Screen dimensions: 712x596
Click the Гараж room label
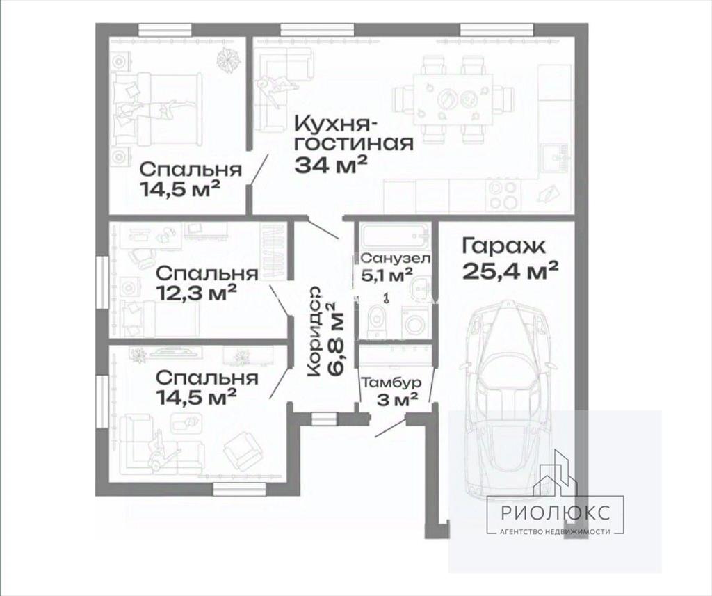(x=503, y=247)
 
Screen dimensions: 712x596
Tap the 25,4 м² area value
(x=510, y=272)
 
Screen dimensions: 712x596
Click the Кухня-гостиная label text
(x=354, y=134)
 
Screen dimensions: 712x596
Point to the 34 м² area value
(x=330, y=165)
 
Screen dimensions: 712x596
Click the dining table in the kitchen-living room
(x=453, y=99)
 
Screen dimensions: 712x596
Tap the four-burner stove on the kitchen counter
(x=502, y=194)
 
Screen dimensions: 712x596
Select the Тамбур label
(x=391, y=383)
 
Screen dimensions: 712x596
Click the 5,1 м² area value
(x=387, y=275)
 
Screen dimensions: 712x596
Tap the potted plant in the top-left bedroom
(x=227, y=59)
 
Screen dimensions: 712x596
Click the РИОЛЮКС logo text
(x=556, y=513)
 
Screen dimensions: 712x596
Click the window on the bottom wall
(x=240, y=489)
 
